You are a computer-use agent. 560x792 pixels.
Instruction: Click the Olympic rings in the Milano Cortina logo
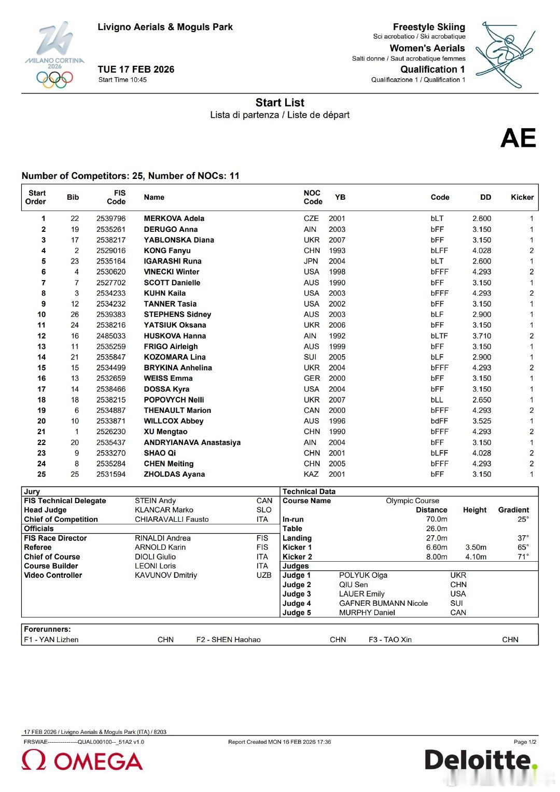click(54, 79)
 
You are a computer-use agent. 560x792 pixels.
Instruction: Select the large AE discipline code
click(518, 138)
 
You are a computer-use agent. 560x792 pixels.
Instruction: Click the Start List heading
click(279, 103)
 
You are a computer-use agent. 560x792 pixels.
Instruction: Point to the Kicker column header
click(522, 197)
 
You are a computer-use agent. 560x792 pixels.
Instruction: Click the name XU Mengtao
click(165, 432)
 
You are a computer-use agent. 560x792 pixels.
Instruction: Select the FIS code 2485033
click(111, 336)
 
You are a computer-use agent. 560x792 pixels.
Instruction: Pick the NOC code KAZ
click(311, 474)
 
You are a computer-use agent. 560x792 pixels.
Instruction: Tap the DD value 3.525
click(482, 421)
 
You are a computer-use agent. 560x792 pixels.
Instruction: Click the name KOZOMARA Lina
click(174, 357)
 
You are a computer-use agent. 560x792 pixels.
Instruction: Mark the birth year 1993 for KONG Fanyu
click(337, 251)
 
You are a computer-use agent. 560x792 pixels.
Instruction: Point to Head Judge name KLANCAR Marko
click(164, 510)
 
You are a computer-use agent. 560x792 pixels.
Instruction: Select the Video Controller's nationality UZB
click(264, 575)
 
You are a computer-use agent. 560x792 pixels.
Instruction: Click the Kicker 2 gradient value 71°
click(523, 557)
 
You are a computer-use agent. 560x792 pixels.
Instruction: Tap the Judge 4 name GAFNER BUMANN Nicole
click(383, 603)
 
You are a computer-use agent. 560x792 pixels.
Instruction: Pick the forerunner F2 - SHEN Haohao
click(228, 640)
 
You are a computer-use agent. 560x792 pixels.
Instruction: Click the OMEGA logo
click(82, 761)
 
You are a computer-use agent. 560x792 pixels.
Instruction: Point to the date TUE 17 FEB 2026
click(136, 70)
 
